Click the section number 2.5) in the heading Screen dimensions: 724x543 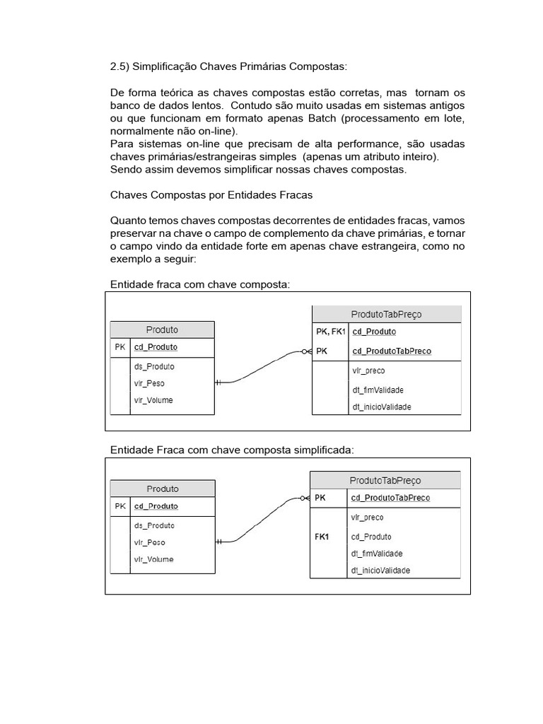(x=119, y=66)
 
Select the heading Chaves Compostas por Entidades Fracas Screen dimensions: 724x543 (x=211, y=194)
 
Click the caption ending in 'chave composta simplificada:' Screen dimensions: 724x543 (x=232, y=450)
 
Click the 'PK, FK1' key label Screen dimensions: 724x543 (x=330, y=332)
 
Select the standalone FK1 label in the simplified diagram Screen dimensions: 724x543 (x=322, y=537)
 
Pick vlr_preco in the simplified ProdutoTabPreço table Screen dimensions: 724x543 (x=368, y=518)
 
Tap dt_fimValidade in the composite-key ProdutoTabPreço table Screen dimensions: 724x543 (x=378, y=390)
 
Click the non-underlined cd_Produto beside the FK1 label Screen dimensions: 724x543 (x=371, y=537)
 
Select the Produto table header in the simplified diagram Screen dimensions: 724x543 (x=163, y=489)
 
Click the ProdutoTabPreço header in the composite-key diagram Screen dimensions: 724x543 (x=386, y=314)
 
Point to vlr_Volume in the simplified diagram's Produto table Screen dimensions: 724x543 (x=153, y=559)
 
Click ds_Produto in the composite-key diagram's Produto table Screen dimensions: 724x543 (x=154, y=366)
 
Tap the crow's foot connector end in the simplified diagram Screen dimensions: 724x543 (x=305, y=498)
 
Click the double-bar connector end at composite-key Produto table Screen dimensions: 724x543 (x=219, y=382)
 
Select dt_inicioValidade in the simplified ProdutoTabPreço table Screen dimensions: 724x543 (x=380, y=571)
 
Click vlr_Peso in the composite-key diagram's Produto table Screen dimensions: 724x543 (x=149, y=383)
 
